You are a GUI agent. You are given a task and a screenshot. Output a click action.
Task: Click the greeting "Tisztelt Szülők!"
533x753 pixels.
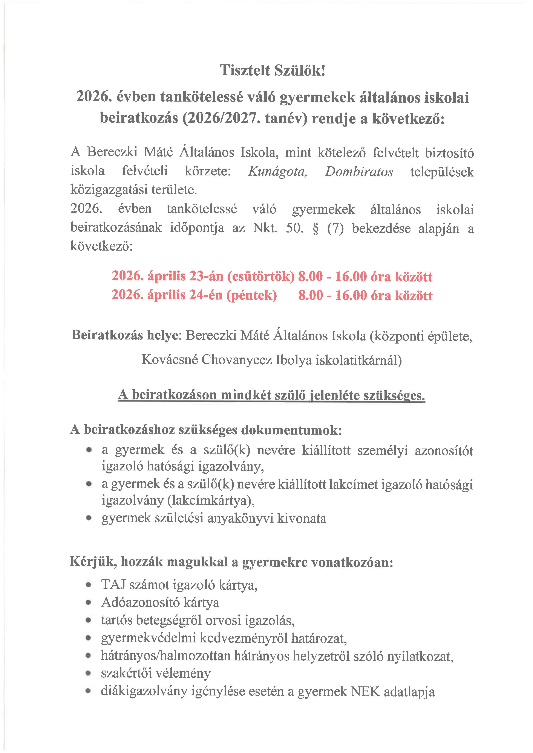[272, 70]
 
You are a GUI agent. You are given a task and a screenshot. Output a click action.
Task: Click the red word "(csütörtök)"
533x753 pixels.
[261, 277]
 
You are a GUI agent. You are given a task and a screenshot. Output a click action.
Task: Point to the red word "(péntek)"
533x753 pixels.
[251, 295]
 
